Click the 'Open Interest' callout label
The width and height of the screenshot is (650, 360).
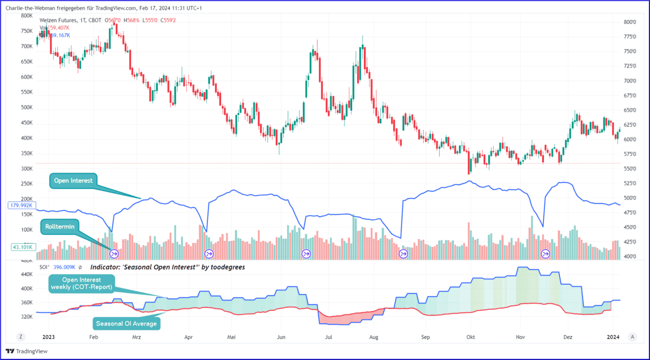[x=72, y=181]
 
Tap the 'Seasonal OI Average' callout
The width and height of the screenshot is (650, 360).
[x=127, y=323]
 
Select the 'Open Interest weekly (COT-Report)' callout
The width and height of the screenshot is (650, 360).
[x=81, y=283]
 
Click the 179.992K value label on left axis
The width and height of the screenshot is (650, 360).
[x=22, y=206]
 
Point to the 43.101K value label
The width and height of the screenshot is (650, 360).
[x=22, y=247]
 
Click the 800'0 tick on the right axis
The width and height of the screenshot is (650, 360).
[x=629, y=22]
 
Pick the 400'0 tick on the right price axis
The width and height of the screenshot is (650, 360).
[x=629, y=257]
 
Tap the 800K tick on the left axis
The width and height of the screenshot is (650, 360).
[x=27, y=16]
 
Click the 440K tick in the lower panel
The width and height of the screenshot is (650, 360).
[x=27, y=275]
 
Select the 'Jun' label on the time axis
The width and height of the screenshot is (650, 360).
[x=281, y=337]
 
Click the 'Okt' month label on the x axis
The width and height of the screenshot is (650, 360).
[x=470, y=337]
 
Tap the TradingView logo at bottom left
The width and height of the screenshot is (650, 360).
[x=27, y=351]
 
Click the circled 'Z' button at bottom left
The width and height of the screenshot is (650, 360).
[x=21, y=337]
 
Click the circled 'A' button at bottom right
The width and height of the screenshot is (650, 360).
[x=632, y=337]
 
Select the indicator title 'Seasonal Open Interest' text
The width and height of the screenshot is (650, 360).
[x=167, y=267]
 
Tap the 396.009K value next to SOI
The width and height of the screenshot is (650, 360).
[x=64, y=267]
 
